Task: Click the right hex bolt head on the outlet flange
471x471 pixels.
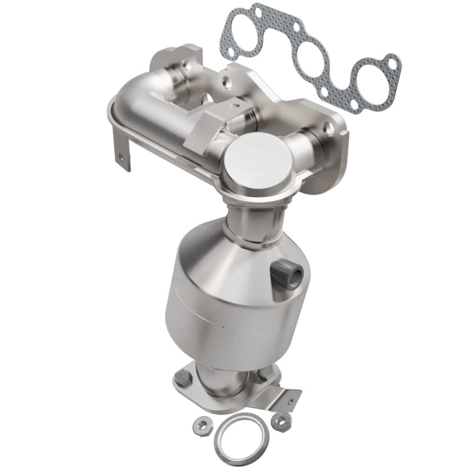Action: (x=263, y=373)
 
